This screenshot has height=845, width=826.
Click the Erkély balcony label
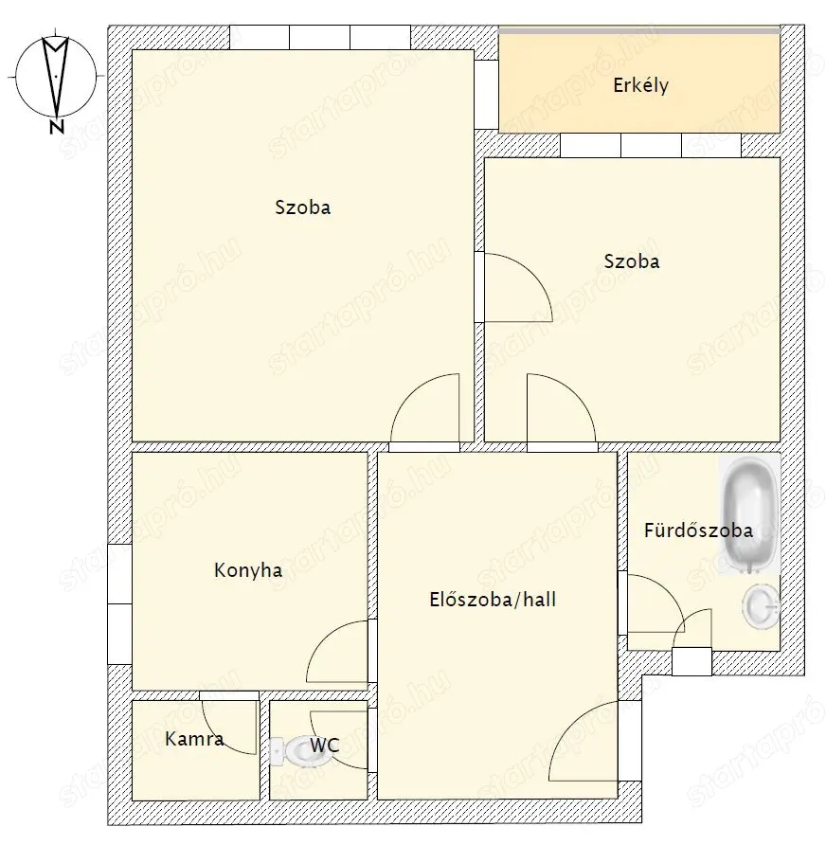[640, 85]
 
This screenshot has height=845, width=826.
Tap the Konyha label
[248, 570]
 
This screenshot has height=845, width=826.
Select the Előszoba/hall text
[493, 600]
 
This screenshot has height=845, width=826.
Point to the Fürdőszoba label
[698, 530]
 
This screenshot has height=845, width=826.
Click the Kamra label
[194, 738]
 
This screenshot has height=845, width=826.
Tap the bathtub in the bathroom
[750, 514]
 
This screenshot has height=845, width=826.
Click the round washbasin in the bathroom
[761, 607]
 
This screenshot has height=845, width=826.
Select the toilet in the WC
[296, 750]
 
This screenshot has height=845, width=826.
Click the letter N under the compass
[57, 127]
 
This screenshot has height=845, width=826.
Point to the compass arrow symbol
[56, 77]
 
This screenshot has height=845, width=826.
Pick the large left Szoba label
[303, 207]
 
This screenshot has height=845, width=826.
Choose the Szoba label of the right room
[632, 261]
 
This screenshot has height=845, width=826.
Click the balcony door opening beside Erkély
[487, 95]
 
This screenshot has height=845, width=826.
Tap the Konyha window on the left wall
[119, 604]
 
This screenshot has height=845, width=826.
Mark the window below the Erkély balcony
[651, 146]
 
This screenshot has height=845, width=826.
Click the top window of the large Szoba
[320, 37]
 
